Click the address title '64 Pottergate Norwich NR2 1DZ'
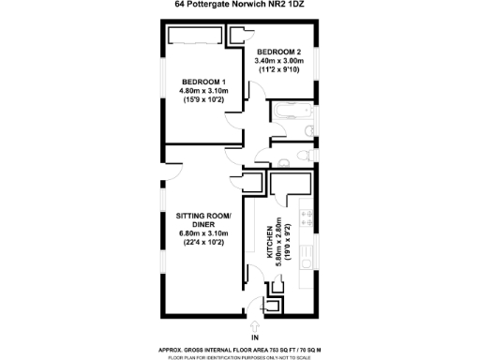(x=240, y=5)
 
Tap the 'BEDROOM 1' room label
(x=202, y=82)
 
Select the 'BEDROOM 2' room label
(x=278, y=51)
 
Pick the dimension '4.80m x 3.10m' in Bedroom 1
(x=202, y=91)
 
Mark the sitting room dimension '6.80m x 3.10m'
(x=203, y=234)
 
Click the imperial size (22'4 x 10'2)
(x=203, y=244)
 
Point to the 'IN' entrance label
(x=254, y=336)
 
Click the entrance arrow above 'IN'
(x=254, y=323)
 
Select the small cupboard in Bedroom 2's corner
(x=239, y=35)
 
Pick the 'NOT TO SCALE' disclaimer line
(x=240, y=356)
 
